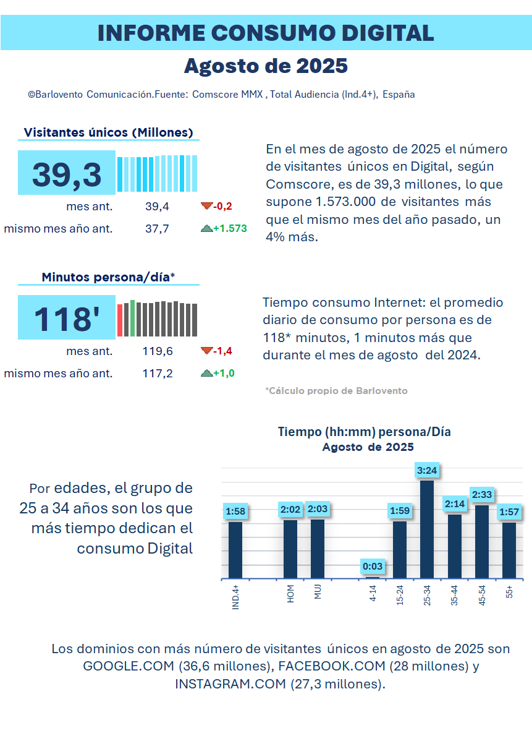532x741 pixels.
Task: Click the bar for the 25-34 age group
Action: point(427,529)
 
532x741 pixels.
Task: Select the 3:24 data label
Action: point(427,470)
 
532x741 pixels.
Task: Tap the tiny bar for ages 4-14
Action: point(373,578)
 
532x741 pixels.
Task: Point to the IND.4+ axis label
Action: point(235,597)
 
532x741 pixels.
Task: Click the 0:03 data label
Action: point(373,566)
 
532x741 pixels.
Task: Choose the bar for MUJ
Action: point(318,549)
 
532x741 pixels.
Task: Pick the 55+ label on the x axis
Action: point(509,592)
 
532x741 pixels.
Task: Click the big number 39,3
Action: point(67,174)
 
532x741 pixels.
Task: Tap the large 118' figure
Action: point(67,319)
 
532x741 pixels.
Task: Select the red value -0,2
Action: point(222,206)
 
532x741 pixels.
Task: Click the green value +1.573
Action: point(230,228)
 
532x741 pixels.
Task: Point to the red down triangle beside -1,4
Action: point(206,351)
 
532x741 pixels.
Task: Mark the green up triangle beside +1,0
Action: point(206,373)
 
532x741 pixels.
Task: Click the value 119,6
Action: point(158,351)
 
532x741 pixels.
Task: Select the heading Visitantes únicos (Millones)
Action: point(109,132)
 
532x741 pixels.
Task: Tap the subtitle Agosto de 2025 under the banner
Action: point(266,66)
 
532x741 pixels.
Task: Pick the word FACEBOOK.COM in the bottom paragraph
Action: point(332,666)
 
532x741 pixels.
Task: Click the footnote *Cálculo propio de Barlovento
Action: point(336,391)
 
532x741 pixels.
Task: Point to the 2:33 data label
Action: point(482,495)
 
